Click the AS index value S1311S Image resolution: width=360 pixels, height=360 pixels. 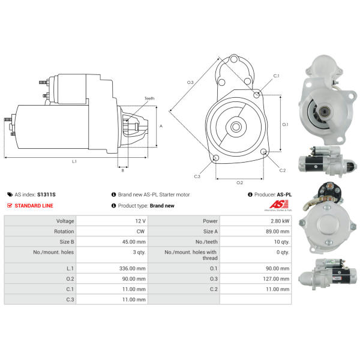(x=46, y=194)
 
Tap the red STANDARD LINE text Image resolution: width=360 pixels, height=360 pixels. (x=34, y=206)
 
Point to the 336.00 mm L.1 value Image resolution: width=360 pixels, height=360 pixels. (x=133, y=268)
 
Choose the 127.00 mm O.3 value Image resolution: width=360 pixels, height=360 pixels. (x=276, y=279)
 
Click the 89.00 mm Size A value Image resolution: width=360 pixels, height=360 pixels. (x=278, y=232)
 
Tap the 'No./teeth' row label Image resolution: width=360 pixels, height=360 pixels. (x=206, y=242)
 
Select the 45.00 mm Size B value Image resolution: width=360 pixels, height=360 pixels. (x=134, y=242)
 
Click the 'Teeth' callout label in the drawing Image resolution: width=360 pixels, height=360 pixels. (x=149, y=98)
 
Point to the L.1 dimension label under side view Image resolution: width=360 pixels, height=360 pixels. (x=74, y=161)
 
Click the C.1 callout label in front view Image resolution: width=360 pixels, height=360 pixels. (x=276, y=76)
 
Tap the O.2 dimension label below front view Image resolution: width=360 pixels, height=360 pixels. (x=239, y=183)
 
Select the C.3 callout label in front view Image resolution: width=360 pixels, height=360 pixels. (x=197, y=176)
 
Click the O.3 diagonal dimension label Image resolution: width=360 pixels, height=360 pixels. (x=190, y=82)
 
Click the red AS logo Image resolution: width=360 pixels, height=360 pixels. (x=279, y=204)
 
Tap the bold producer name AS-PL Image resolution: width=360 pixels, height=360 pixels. (x=284, y=194)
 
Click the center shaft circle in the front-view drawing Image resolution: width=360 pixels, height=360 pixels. (x=236, y=127)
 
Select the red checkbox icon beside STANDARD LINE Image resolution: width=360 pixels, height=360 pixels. (x=10, y=205)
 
